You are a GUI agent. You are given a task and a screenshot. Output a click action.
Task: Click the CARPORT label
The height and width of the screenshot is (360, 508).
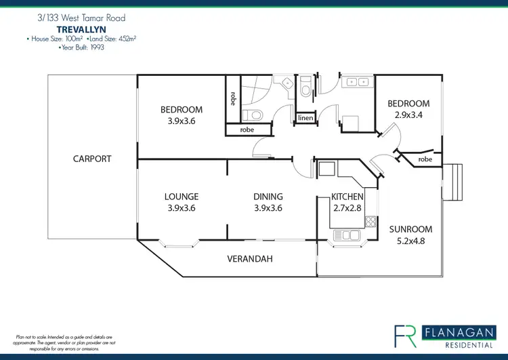[92, 159]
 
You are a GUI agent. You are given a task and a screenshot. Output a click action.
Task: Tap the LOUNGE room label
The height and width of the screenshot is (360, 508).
[182, 197]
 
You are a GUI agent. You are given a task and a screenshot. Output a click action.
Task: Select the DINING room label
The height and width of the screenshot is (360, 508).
[268, 197]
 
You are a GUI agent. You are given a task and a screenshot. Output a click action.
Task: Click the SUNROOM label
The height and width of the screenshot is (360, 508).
[410, 229]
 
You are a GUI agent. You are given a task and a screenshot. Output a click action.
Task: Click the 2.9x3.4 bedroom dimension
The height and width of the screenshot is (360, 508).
[408, 115]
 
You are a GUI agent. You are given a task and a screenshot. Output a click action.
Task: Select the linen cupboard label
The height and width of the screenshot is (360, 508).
[305, 119]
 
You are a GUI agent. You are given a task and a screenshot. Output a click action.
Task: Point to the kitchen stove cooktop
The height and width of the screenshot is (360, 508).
[370, 220]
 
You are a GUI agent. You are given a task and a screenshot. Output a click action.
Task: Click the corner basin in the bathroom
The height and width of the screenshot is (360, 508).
[287, 83]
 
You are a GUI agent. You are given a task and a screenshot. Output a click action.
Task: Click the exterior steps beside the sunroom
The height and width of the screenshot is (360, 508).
[454, 183]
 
